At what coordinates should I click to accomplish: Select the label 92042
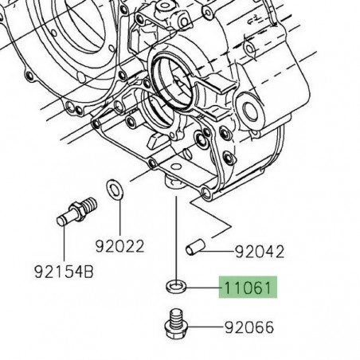(x=259, y=253)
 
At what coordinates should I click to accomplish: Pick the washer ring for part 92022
(x=115, y=188)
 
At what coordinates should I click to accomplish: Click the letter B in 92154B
(x=90, y=272)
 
